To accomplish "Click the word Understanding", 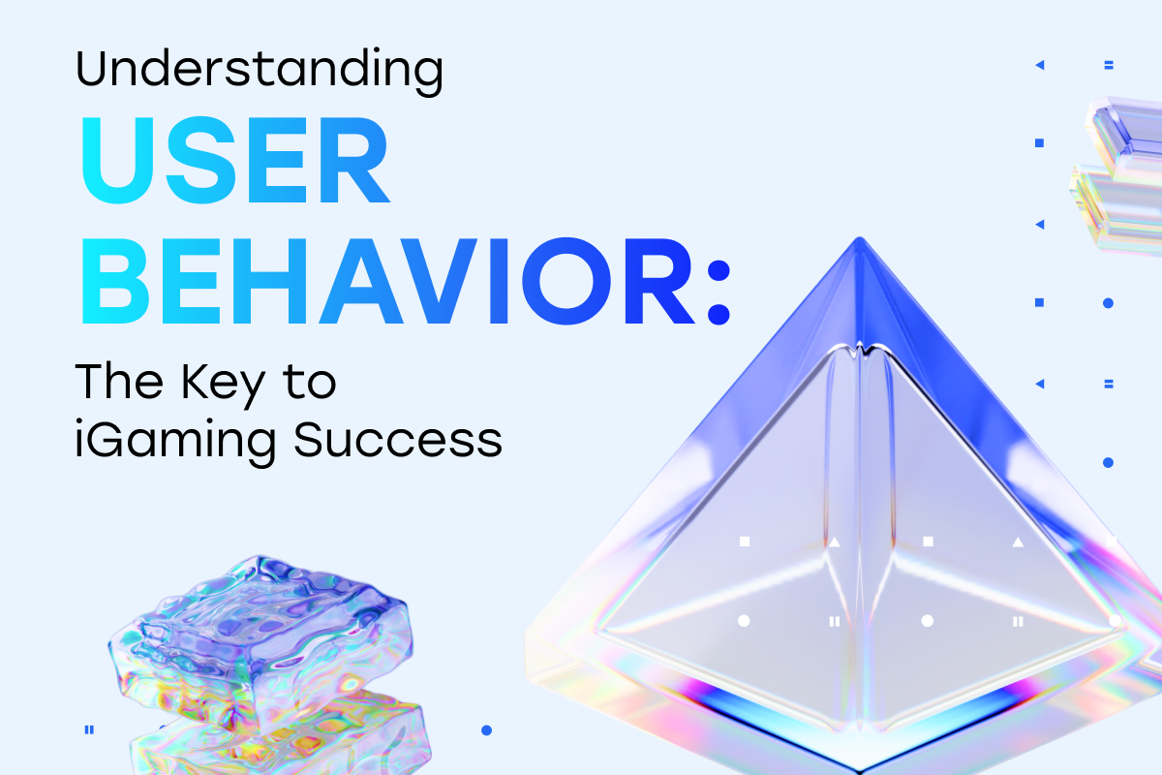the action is tap(259, 70).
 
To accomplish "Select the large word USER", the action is tap(234, 160).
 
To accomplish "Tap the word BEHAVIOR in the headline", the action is tap(387, 281).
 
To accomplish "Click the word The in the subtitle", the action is tap(119, 382).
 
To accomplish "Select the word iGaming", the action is tap(175, 441).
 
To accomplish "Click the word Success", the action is tap(398, 440).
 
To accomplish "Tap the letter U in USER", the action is tap(118, 160).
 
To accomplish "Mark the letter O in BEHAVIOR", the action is tap(566, 281).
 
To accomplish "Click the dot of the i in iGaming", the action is tap(79, 423).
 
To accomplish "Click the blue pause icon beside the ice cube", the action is tap(89, 729).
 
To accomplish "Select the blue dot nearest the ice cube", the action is tap(486, 730).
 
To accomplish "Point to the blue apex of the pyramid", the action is tap(860, 243).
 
